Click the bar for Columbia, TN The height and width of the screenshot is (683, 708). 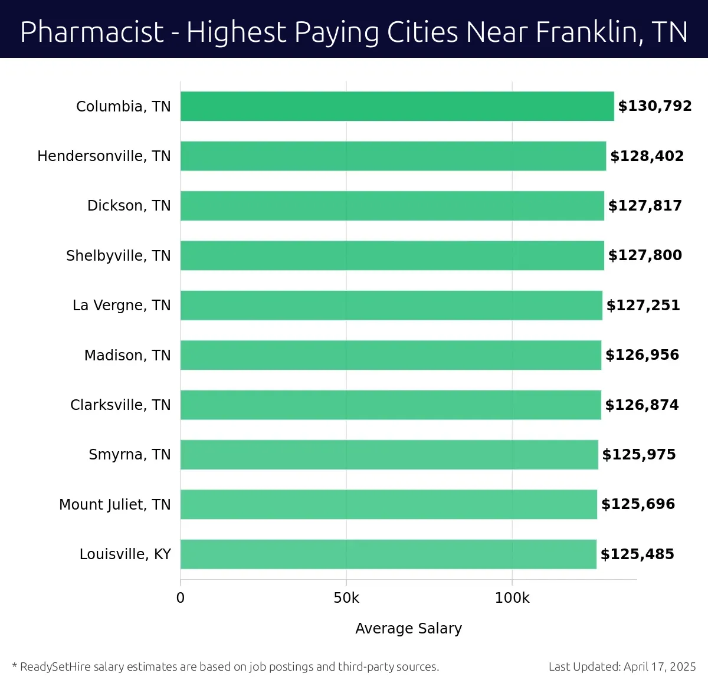(397, 106)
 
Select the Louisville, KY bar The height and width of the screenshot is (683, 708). (388, 554)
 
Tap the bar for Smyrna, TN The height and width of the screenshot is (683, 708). (389, 455)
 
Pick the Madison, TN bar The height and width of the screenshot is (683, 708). (391, 355)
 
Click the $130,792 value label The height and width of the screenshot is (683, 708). (654, 106)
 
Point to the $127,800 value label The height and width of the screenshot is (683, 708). (645, 255)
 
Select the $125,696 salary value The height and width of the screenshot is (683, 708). (638, 504)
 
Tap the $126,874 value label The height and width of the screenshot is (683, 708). (642, 405)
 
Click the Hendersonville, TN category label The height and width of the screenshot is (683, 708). (104, 156)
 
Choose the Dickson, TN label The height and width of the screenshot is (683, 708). (129, 206)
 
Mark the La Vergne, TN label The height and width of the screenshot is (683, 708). (122, 306)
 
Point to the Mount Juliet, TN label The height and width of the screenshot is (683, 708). (114, 505)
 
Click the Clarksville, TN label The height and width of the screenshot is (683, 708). (120, 405)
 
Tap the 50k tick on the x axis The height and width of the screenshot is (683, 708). (346, 598)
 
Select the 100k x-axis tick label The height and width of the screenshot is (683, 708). (512, 598)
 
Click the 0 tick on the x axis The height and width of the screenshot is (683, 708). (181, 598)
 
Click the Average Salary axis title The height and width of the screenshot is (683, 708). (408, 629)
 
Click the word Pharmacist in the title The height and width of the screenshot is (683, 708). (92, 32)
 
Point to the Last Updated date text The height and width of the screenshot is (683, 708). (622, 667)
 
